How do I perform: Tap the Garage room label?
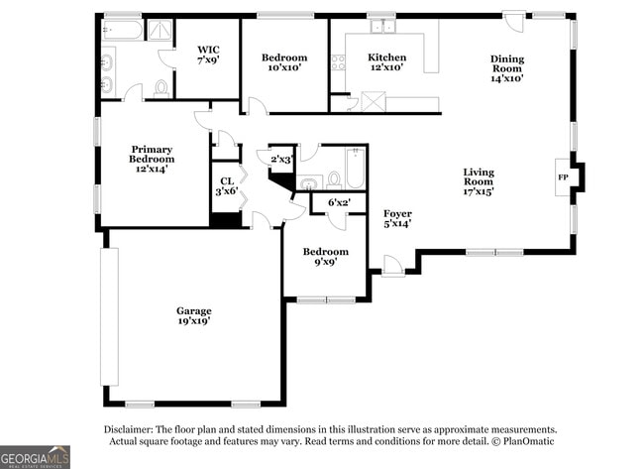click(193, 316)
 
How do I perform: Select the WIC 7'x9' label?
click(208, 55)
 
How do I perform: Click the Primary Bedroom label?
click(152, 159)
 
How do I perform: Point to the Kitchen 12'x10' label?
click(386, 62)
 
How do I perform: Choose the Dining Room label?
click(506, 67)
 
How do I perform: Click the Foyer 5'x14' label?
click(397, 218)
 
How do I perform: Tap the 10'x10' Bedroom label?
click(283, 62)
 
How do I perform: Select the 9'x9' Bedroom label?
click(325, 257)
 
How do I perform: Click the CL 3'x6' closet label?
click(227, 185)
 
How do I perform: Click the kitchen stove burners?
click(338, 62)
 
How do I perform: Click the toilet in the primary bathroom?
click(161, 89)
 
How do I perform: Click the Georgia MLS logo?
click(36, 455)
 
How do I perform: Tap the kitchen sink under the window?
click(379, 28)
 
